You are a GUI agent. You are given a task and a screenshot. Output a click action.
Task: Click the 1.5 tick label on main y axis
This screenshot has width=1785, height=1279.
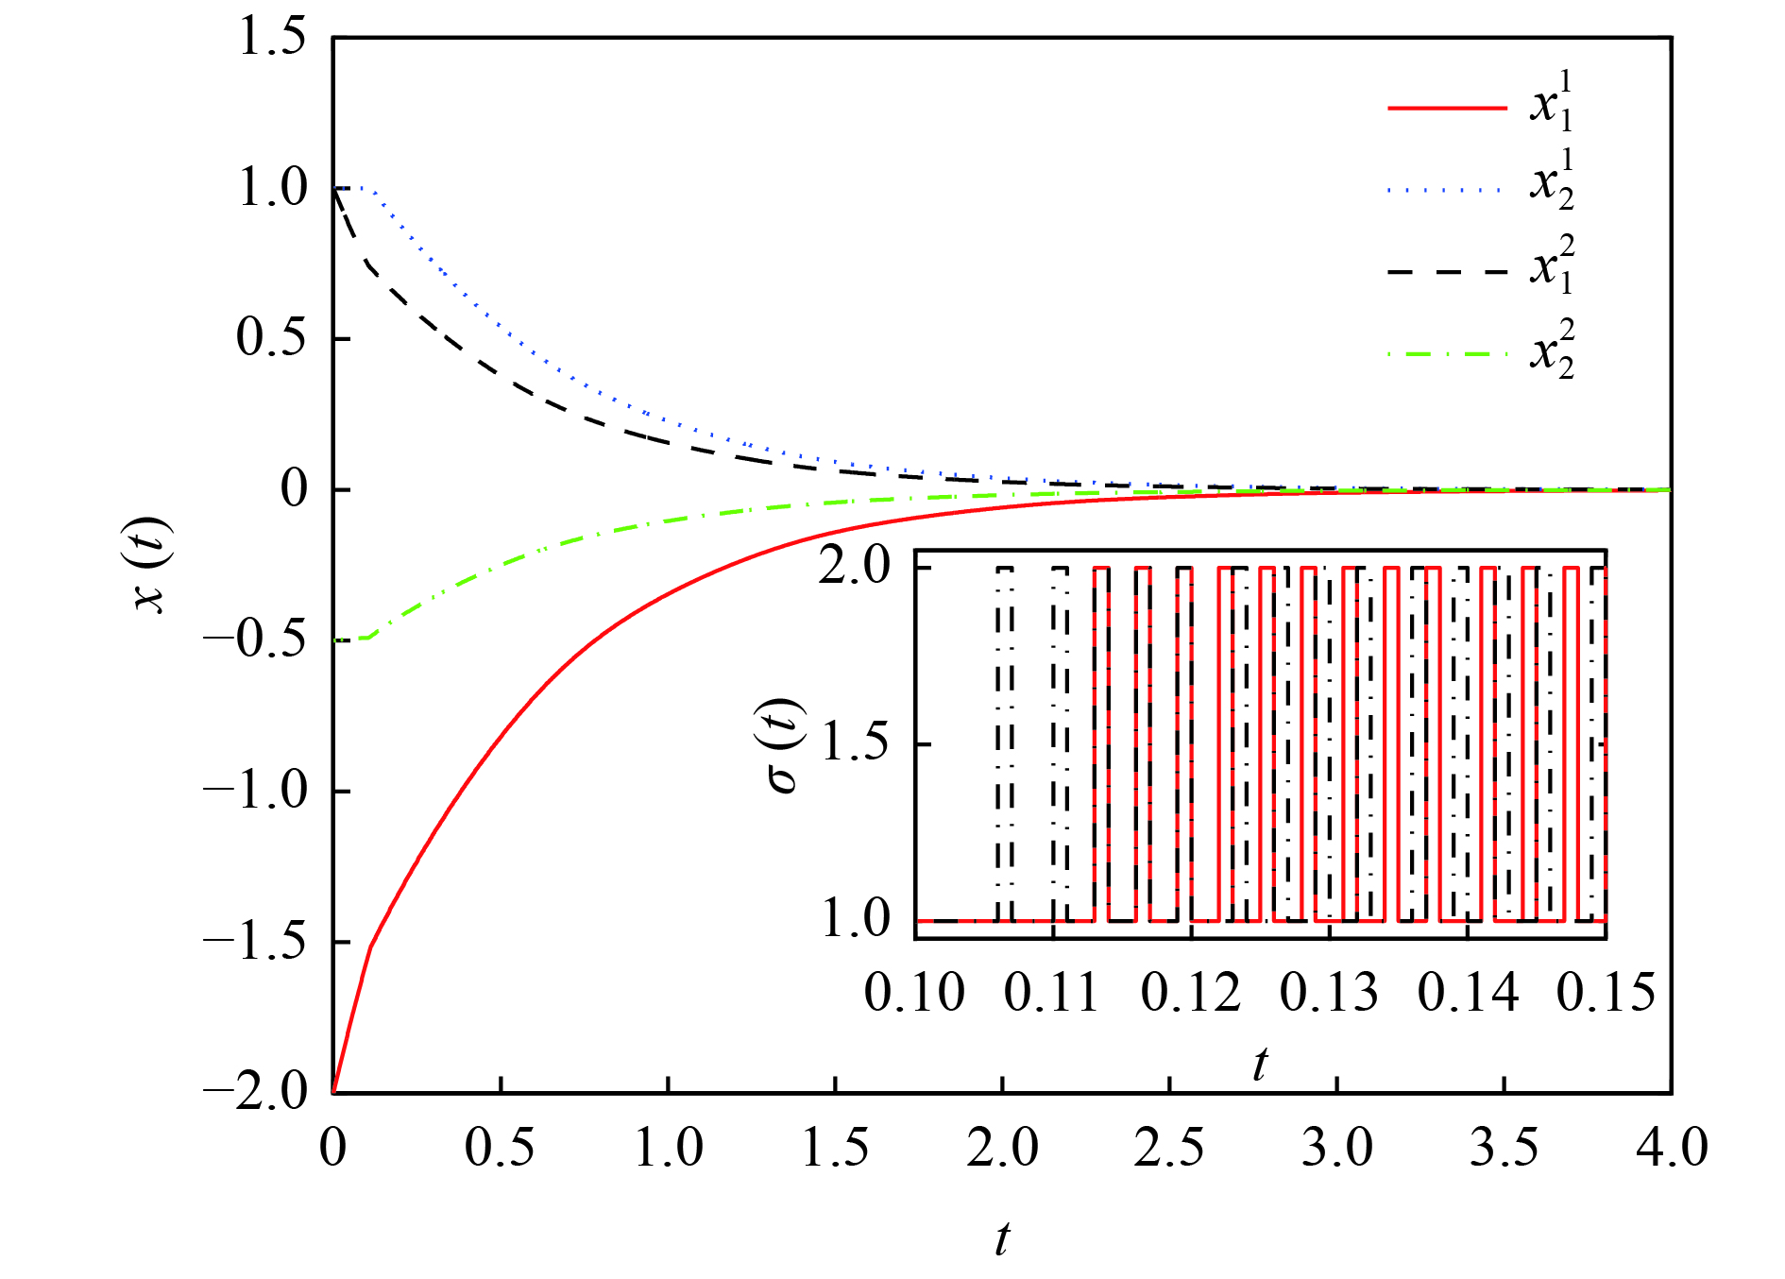point(272,38)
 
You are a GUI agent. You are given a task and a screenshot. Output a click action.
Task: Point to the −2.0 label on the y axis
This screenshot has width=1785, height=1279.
point(255,1091)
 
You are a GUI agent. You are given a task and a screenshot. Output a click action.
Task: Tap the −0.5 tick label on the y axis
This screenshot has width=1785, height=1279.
point(255,639)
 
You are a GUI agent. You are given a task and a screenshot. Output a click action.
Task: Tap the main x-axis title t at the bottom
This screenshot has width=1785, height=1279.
point(1002,1238)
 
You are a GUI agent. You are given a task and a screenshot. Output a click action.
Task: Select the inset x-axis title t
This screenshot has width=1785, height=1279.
point(1260,1065)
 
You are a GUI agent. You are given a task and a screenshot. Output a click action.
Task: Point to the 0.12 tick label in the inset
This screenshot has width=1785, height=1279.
point(1190,994)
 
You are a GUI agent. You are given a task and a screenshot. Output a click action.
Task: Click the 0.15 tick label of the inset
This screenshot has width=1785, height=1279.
point(1606,994)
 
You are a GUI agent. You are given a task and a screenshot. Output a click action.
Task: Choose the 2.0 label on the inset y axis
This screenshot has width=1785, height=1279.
point(855,567)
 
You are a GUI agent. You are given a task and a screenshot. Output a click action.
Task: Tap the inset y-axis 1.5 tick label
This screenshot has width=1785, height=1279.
point(855,743)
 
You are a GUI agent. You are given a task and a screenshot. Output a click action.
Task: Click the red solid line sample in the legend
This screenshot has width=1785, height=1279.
point(1447,109)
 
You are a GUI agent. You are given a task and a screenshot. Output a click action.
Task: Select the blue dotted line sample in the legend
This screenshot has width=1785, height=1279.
point(1447,191)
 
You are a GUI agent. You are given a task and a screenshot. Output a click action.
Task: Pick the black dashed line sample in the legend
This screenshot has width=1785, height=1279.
point(1447,272)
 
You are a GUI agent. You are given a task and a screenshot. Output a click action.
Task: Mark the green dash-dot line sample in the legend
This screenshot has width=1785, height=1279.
point(1447,355)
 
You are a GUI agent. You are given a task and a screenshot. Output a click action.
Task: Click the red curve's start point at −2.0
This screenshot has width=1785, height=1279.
point(334,1091)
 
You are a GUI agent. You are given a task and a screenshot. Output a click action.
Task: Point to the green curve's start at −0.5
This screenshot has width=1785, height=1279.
point(335,639)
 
